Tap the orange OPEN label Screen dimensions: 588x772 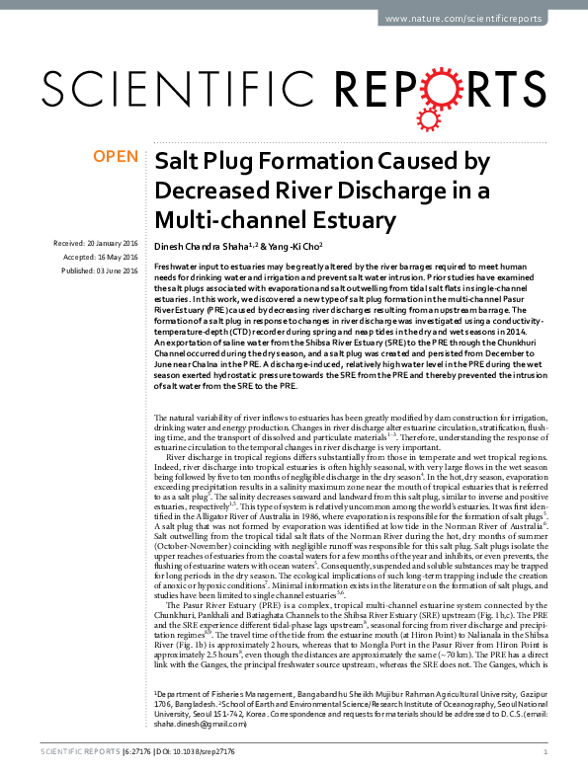(115, 156)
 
